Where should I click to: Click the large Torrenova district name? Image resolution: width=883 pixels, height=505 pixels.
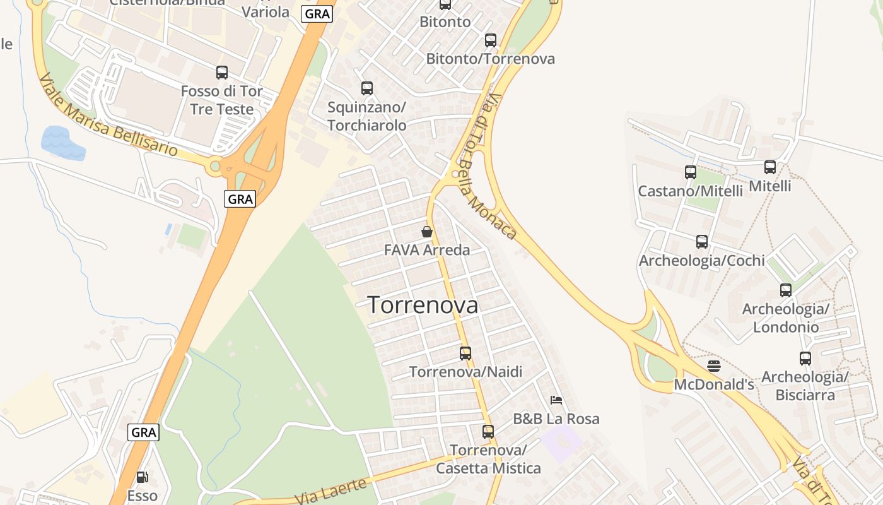(x=423, y=306)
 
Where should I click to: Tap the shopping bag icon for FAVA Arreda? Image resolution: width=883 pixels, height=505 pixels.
(x=427, y=232)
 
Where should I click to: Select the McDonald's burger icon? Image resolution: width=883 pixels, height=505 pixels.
(x=713, y=366)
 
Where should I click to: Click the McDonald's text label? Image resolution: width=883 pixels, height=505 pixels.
(x=714, y=384)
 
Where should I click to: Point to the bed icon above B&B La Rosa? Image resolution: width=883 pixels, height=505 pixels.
(x=556, y=400)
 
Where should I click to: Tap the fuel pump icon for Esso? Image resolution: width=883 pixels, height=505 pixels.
(x=143, y=477)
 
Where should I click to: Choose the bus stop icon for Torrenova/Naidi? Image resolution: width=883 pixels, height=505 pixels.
(x=465, y=353)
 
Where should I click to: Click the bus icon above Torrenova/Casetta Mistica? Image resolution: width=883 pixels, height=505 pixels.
(x=488, y=432)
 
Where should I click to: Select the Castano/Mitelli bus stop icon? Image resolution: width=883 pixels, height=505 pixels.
(x=691, y=172)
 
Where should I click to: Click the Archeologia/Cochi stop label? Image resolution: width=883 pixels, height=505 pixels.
(x=702, y=260)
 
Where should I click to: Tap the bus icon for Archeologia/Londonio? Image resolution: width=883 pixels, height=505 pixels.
(x=786, y=290)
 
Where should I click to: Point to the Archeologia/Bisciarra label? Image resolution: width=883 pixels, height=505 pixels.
(x=805, y=386)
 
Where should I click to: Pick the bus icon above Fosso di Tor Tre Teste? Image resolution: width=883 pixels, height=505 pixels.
(x=222, y=73)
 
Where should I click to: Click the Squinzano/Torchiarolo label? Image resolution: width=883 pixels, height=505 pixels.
(x=367, y=116)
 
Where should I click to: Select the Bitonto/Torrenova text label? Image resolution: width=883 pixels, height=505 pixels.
(x=491, y=59)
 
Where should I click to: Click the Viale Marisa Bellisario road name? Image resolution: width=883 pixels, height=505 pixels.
(x=108, y=116)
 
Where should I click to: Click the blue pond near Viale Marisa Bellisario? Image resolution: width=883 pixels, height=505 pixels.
(x=62, y=144)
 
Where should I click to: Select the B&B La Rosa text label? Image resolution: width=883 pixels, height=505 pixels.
(x=556, y=419)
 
